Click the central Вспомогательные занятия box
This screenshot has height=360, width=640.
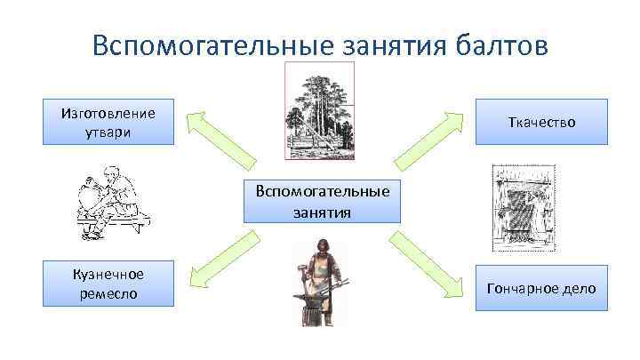(322, 201)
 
